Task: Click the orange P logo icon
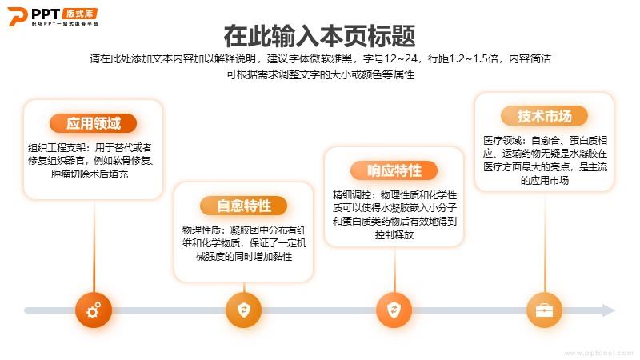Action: pyautogui.click(x=17, y=16)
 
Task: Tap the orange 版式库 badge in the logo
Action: pyautogui.click(x=80, y=14)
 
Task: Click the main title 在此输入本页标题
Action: pyautogui.click(x=319, y=36)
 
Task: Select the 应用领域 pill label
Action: pyautogui.click(x=93, y=123)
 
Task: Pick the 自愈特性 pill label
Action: pyautogui.click(x=244, y=206)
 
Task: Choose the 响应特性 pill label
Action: pyautogui.click(x=394, y=170)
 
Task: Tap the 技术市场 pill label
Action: pyautogui.click(x=545, y=116)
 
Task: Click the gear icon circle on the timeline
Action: pyautogui.click(x=94, y=310)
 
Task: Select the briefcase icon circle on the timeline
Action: pyautogui.click(x=545, y=310)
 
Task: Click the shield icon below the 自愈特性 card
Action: pyautogui.click(x=244, y=310)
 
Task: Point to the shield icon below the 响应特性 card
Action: pyautogui.click(x=394, y=310)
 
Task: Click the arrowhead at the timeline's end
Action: pyautogui.click(x=609, y=310)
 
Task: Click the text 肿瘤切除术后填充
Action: pyautogui.click(x=90, y=174)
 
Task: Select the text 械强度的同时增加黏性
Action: pyautogui.click(x=244, y=257)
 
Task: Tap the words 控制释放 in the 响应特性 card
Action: pyautogui.click(x=394, y=234)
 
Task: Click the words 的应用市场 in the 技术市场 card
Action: pyautogui.click(x=545, y=181)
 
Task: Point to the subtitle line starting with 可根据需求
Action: pyautogui.click(x=321, y=74)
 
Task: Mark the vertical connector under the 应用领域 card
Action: pyautogui.click(x=94, y=246)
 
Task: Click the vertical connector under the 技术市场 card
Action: pyautogui.click(x=545, y=242)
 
